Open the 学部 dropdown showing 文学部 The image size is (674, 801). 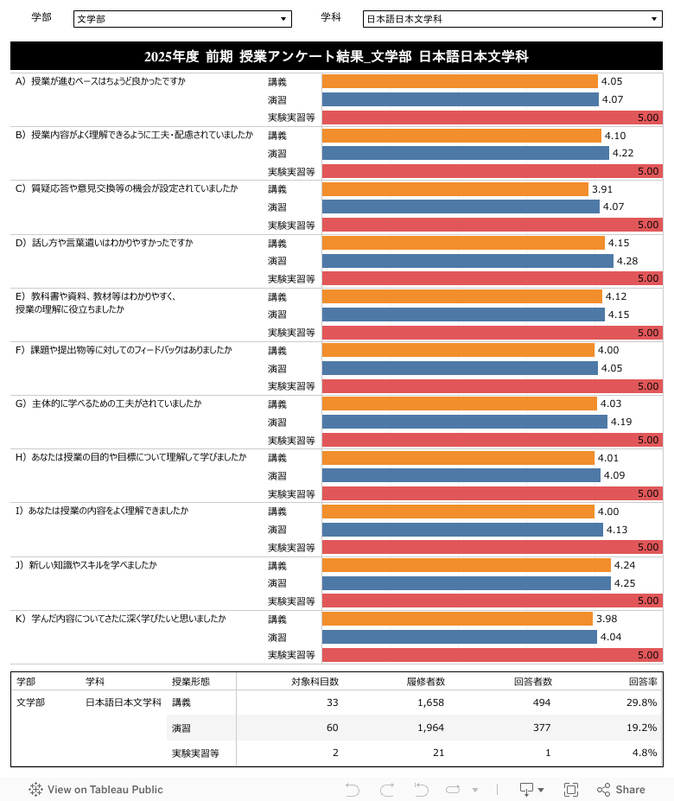[182, 19]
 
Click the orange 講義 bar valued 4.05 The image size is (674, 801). [459, 81]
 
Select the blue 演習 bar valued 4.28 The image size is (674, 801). [467, 261]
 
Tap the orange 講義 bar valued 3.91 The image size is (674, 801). [455, 189]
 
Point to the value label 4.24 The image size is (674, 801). [624, 565]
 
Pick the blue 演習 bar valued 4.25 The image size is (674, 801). [466, 583]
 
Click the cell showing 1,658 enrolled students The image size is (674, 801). [429, 702]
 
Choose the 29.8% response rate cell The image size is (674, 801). [641, 702]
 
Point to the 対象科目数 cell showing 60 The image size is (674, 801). [332, 728]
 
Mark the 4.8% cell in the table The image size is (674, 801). [645, 753]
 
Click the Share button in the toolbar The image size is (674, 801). [621, 789]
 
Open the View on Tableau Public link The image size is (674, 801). [96, 789]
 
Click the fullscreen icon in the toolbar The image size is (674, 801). [570, 789]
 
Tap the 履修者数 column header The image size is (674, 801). [425, 681]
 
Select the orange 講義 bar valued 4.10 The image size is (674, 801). [461, 136]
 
